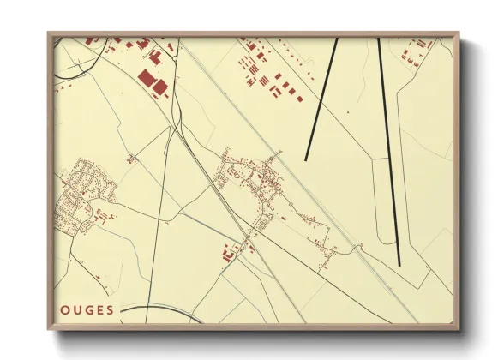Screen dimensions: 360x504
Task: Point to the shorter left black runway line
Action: tap(321, 99)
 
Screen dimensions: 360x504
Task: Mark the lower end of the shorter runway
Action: tap(307, 159)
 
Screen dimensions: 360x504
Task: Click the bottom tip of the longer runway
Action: tap(399, 264)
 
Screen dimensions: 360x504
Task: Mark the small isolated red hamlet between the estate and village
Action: tap(131, 157)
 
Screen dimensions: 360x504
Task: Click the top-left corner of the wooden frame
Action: tap(49, 33)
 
